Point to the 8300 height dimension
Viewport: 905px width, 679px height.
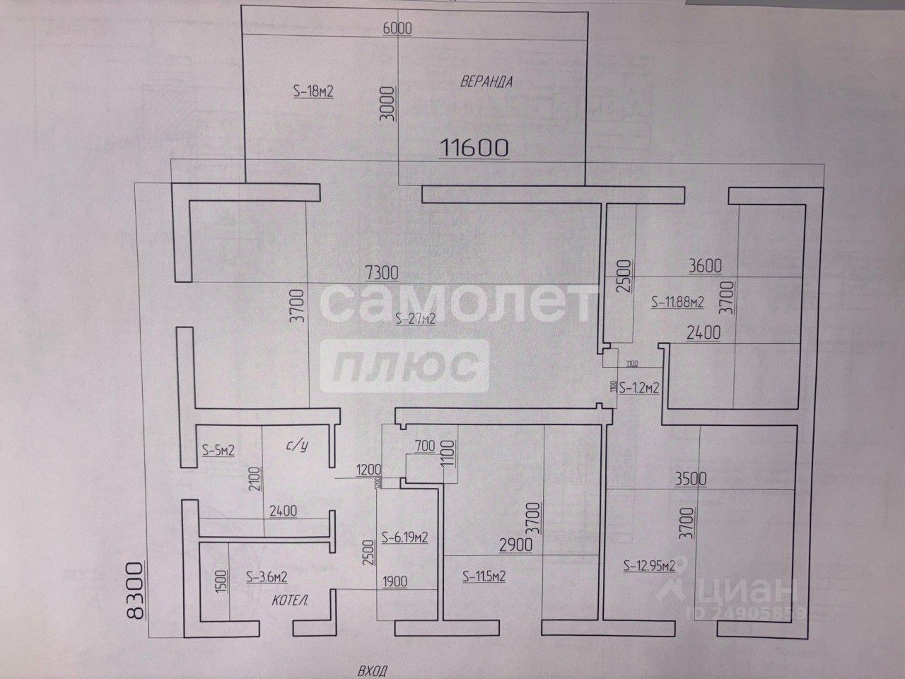(x=134, y=591)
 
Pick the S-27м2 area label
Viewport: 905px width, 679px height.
(x=415, y=320)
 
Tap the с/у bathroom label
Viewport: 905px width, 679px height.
(x=297, y=446)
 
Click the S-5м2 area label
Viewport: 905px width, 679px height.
(x=218, y=449)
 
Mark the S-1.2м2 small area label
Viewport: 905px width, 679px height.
(x=639, y=388)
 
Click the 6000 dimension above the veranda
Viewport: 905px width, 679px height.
(x=396, y=28)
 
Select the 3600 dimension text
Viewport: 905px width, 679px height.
(x=704, y=266)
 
